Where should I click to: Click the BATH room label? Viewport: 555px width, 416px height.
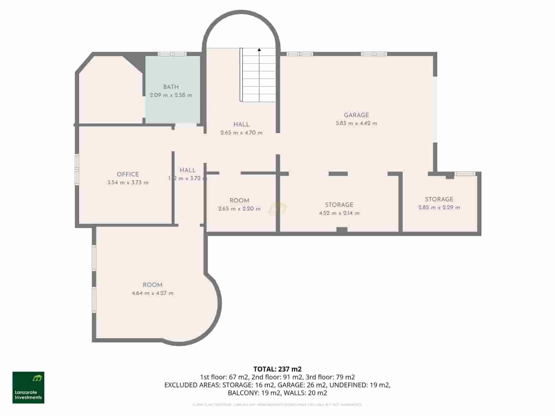(x=171, y=87)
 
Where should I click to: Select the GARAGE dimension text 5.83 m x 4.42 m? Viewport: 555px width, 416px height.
(x=356, y=123)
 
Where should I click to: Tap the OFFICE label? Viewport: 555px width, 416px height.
(x=128, y=174)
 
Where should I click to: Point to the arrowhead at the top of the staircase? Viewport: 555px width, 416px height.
(x=259, y=50)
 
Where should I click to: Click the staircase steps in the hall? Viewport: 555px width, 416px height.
(x=259, y=76)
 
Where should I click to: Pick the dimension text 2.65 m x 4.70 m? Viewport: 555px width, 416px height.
(x=241, y=133)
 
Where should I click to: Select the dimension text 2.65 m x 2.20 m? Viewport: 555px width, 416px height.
(x=239, y=209)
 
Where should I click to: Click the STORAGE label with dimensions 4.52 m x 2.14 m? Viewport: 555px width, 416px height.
(x=339, y=205)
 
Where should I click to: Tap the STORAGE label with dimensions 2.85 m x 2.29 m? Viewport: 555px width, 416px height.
(x=439, y=199)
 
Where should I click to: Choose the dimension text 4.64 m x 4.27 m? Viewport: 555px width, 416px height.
(x=153, y=293)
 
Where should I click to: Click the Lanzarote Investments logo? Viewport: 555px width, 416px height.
(x=28, y=388)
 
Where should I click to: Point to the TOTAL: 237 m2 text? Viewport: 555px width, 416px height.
(x=277, y=369)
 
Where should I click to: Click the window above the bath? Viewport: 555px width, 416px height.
(x=172, y=54)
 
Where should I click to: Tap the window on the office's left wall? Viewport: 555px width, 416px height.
(x=77, y=168)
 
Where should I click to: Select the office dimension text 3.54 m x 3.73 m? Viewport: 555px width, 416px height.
(x=128, y=183)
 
